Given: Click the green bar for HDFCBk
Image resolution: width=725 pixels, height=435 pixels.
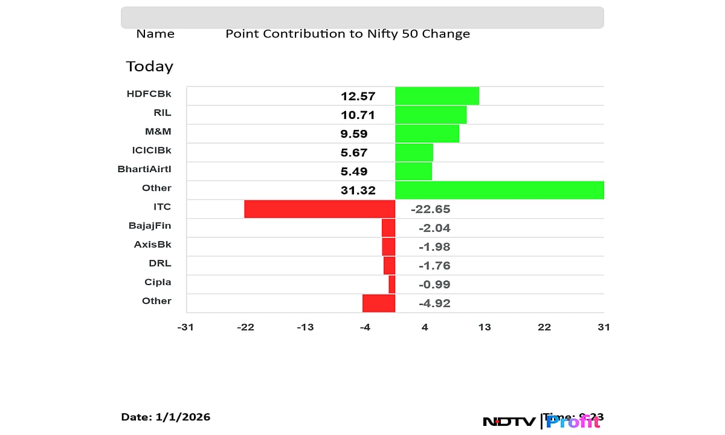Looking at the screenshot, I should point(437,96).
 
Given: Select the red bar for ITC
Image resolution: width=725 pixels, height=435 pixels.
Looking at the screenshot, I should point(320,209).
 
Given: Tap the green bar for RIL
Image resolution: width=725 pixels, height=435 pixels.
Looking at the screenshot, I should point(431,115).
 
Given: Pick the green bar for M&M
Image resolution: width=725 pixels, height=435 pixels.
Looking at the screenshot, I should point(427,134).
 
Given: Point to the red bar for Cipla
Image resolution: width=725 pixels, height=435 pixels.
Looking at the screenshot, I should point(392,285).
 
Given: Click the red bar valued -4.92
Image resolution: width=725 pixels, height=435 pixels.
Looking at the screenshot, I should point(379,303).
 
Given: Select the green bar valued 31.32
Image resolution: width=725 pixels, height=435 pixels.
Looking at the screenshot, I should point(500,190).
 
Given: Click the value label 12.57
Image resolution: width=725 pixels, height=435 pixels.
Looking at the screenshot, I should point(358,96).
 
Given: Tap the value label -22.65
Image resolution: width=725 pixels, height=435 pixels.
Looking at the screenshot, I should point(430,210).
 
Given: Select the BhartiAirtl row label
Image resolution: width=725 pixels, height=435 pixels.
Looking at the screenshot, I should point(144,169).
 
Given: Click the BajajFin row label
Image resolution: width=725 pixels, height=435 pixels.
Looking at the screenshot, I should point(150,225).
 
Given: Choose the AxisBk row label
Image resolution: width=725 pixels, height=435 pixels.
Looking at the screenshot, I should point(152,245).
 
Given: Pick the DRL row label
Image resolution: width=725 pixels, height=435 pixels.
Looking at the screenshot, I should point(160,263).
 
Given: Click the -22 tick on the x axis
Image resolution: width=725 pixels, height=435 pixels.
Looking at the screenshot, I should point(245,327).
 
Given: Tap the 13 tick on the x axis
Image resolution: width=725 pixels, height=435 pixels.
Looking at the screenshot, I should point(485,327).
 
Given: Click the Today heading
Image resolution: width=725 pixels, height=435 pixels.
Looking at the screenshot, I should point(149,66).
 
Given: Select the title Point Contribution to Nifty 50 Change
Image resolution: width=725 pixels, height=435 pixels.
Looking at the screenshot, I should point(347,34).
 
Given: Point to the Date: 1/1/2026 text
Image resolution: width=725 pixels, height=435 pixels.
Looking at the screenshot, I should point(166,417).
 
